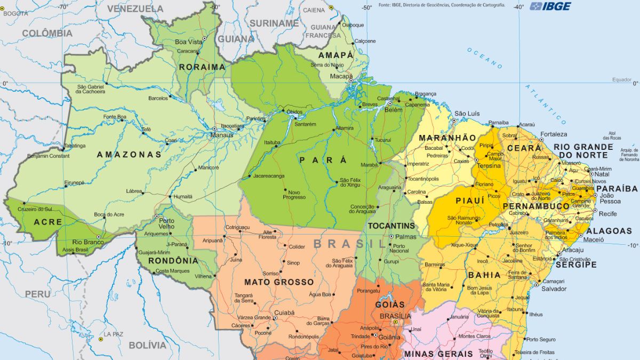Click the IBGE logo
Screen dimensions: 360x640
coord(550,6)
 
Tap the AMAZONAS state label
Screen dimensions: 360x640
coord(129,155)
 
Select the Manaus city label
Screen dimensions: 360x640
coord(221,135)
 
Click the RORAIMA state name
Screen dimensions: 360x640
coord(202,67)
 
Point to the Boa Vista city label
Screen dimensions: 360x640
coord(189,42)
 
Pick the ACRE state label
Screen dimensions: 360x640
coord(48,222)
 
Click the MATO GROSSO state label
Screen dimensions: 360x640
coord(279,282)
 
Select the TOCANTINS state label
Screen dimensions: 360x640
coord(391,226)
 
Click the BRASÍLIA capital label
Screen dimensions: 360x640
coord(395,316)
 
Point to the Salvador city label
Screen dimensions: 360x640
coord(554,289)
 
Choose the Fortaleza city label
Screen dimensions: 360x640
coord(554,134)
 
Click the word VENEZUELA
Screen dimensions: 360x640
coord(135,9)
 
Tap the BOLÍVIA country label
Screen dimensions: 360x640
coord(148,345)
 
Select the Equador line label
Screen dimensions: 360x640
coord(621,80)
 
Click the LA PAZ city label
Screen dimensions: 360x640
coord(114,334)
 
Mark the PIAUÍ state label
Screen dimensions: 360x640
coord(470,200)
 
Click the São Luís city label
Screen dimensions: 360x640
coord(467,114)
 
